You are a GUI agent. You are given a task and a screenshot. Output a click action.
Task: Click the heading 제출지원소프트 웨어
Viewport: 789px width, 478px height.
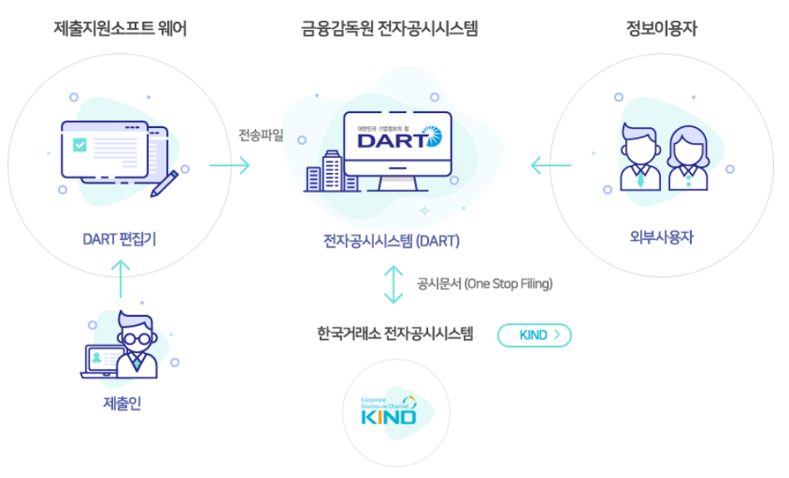[x=120, y=29]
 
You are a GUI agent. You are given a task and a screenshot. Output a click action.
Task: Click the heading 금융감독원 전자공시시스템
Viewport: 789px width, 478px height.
[x=389, y=29]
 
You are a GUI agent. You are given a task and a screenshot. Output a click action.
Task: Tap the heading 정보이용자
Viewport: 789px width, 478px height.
[x=662, y=29]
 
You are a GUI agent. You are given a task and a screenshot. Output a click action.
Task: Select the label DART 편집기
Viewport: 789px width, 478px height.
[x=120, y=239]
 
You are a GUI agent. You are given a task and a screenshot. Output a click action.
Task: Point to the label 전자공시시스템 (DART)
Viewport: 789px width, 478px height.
[x=391, y=241]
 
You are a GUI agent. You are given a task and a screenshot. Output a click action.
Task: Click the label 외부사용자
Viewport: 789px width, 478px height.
[x=662, y=238]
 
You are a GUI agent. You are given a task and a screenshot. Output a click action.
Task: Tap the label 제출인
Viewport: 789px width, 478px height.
[x=121, y=404]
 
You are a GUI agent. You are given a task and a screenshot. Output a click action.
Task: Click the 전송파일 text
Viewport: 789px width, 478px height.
[x=261, y=136]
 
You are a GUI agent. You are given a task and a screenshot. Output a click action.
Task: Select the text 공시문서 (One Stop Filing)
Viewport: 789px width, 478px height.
[x=485, y=284]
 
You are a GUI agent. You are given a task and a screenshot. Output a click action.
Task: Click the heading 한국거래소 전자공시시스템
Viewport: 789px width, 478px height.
[x=395, y=335]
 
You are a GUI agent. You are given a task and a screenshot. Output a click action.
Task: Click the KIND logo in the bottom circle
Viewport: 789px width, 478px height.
[x=388, y=411]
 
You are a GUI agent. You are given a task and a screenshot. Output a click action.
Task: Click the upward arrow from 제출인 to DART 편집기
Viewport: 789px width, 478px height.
[x=121, y=278]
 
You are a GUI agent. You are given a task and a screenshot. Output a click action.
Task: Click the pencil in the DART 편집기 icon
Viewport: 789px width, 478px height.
[x=165, y=183]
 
